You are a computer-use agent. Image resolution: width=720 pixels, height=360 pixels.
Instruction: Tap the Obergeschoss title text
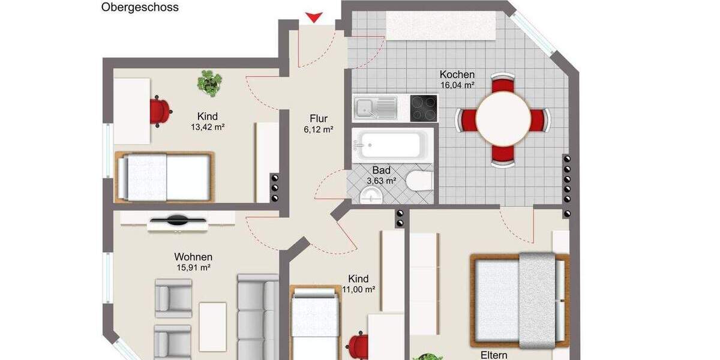pyautogui.click(x=140, y=8)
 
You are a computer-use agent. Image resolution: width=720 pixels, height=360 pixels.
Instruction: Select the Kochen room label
pyautogui.click(x=457, y=75)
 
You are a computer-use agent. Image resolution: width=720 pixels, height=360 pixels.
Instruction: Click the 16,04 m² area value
pyautogui.click(x=457, y=85)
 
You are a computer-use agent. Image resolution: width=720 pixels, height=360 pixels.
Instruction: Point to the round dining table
pyautogui.click(x=503, y=119)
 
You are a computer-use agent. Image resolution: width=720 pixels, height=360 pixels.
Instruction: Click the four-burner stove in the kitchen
pyautogui.click(x=424, y=108)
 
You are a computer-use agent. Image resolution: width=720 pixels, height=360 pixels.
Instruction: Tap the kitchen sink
pyautogui.click(x=375, y=108)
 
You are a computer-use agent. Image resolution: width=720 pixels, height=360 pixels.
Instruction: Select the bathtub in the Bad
pyautogui.click(x=390, y=145)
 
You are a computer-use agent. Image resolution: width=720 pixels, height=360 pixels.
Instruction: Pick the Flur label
pyautogui.click(x=319, y=118)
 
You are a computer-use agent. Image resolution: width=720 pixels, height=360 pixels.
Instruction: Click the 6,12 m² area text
pyautogui.click(x=319, y=129)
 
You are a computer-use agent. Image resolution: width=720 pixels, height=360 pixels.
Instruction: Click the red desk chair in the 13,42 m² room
pyautogui.click(x=160, y=111)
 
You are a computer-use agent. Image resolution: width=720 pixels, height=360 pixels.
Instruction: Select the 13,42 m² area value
pyautogui.click(x=208, y=127)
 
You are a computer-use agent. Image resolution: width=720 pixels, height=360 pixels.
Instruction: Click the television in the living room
pyautogui.click(x=178, y=222)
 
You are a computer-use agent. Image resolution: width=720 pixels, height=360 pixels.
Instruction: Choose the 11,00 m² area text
pyautogui.click(x=358, y=289)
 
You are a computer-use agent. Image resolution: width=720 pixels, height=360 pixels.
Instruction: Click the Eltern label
pyautogui.click(x=494, y=355)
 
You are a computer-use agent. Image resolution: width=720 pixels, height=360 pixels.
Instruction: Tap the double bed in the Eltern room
pyautogui.click(x=520, y=300)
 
